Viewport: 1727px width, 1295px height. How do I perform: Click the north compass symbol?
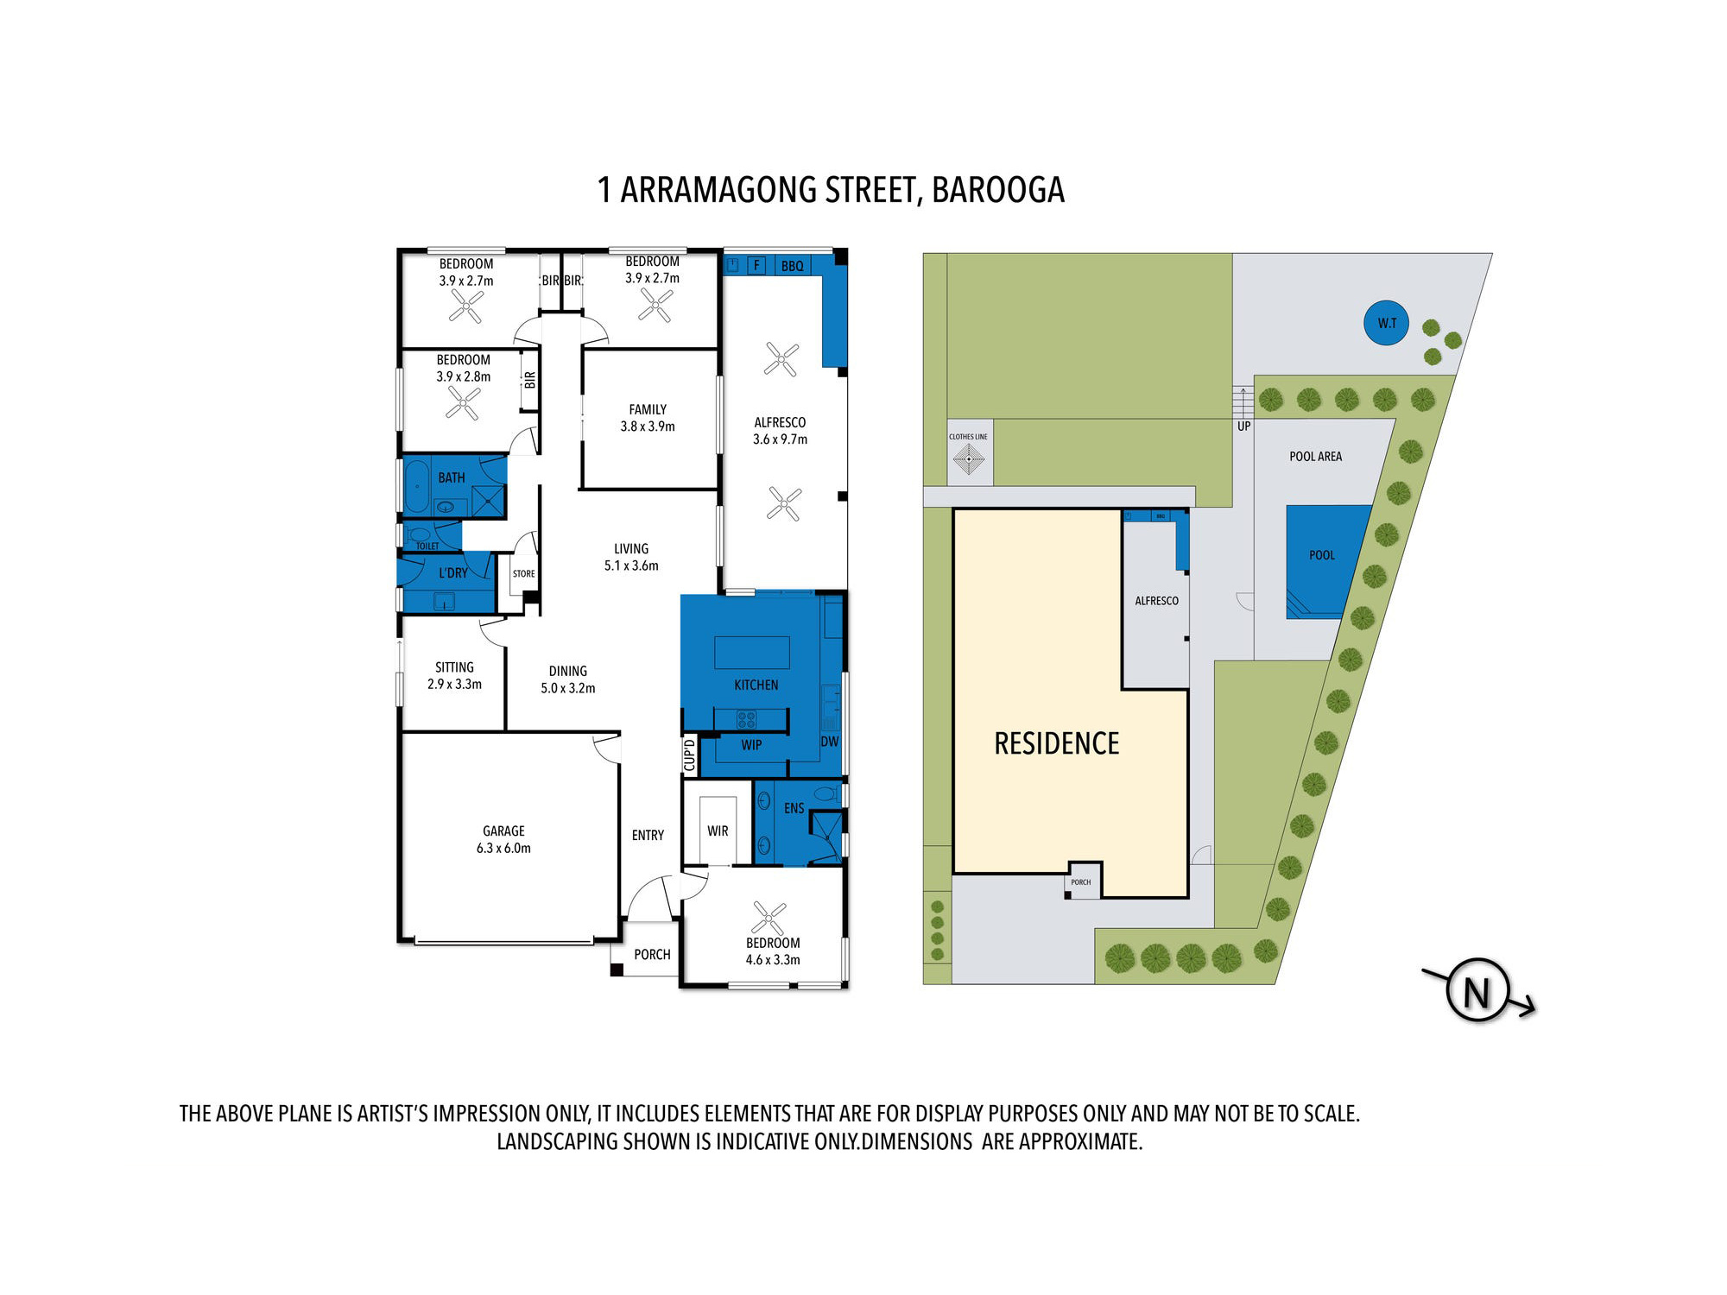pos(1477,991)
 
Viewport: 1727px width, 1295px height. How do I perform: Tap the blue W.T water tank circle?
pos(1386,323)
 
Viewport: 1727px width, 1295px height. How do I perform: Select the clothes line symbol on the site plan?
pos(968,458)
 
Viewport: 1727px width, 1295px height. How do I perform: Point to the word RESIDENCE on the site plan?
pos(1056,743)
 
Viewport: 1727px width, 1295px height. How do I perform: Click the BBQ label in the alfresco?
pos(792,266)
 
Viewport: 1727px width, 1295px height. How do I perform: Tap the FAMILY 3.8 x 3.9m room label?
pos(648,418)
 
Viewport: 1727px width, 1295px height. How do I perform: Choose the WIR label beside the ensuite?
pos(718,831)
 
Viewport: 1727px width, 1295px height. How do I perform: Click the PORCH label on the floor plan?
pos(652,954)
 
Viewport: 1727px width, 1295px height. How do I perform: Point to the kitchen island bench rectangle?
pos(751,652)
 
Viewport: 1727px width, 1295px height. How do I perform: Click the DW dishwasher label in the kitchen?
pos(829,742)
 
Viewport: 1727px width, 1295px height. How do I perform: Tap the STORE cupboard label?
pos(523,573)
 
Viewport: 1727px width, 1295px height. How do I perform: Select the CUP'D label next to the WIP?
pos(689,755)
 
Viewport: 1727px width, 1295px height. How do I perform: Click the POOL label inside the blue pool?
pos(1321,555)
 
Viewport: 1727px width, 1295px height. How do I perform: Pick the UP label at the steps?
pos(1243,426)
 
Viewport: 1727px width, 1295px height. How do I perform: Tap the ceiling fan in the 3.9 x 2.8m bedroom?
pos(463,402)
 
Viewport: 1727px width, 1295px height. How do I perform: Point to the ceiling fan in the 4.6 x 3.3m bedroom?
pos(769,918)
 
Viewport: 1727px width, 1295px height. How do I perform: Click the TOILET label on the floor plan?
pos(427,546)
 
